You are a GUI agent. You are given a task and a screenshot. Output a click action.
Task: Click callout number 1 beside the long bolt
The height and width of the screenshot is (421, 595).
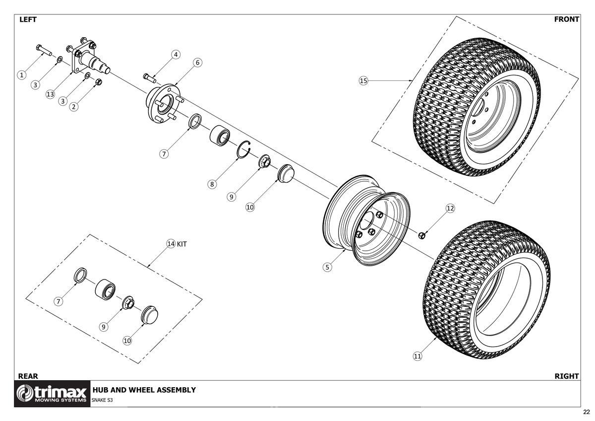pos(21,75)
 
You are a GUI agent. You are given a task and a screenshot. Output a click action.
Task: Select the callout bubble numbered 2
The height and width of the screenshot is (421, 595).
pos(74,106)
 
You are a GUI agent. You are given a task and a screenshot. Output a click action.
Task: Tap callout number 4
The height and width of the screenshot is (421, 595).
pos(176,54)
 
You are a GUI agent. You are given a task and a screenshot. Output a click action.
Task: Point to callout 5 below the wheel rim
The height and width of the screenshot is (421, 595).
pos(327,268)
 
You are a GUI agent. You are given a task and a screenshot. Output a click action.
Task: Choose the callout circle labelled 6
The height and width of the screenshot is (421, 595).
pos(197,63)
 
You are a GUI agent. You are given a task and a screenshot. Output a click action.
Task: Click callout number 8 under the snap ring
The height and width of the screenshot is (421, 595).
pos(212,184)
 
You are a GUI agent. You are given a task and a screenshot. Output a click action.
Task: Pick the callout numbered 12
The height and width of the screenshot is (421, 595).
pos(450,209)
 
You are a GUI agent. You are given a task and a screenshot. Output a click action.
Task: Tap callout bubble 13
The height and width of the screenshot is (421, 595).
pos(50,95)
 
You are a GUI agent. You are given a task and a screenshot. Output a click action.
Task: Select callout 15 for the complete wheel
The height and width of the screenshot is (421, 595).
pos(363,80)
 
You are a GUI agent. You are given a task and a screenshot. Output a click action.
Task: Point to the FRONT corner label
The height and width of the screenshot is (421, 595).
pos(566,19)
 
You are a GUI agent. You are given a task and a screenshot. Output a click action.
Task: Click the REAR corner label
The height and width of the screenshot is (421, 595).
pos(28,376)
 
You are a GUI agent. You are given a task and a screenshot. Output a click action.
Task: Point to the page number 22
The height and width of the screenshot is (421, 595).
pos(586,412)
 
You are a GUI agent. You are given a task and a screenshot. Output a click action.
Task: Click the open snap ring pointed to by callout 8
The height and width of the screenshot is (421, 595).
pos(244,149)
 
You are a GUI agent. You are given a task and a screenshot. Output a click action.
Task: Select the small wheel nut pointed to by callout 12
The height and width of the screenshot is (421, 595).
pos(422,235)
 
